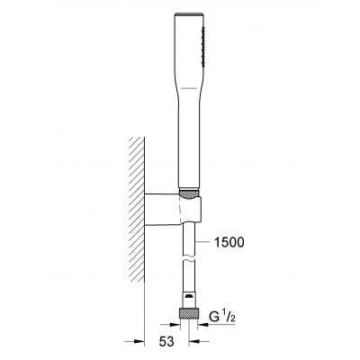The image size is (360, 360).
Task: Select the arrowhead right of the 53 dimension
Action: tap(194, 342)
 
